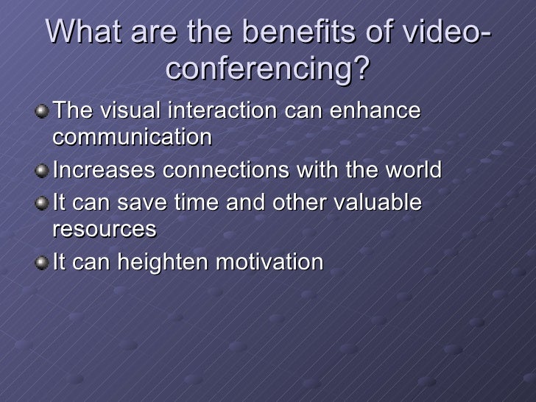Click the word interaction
click(x=222, y=112)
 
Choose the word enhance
click(x=375, y=112)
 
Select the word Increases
click(x=104, y=171)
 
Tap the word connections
click(x=215, y=171)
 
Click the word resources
click(x=104, y=229)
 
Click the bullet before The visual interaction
click(x=44, y=113)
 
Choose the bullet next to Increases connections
click(x=44, y=172)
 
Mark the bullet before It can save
click(x=44, y=204)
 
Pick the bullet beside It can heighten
click(x=44, y=263)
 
